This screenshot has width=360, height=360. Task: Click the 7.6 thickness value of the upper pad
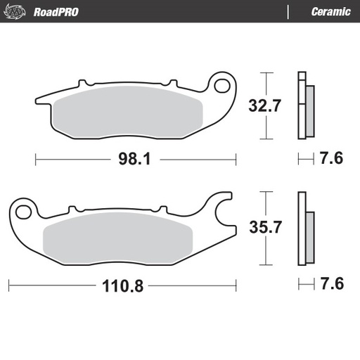[330, 159]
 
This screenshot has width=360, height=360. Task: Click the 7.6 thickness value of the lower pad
[330, 285]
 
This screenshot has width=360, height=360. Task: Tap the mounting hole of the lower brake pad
[23, 209]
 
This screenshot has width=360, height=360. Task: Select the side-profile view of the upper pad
[306, 105]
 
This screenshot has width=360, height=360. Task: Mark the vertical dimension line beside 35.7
[265, 228]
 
